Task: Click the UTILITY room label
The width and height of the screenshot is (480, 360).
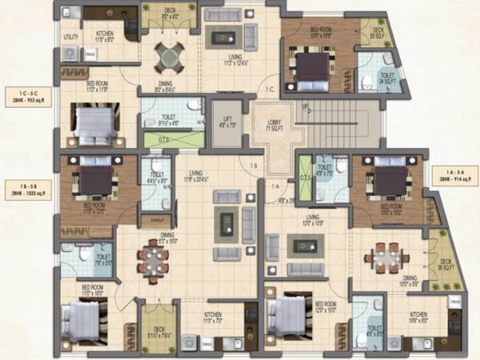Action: [x=70, y=38]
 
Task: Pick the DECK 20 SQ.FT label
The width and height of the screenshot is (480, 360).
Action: [x=378, y=33]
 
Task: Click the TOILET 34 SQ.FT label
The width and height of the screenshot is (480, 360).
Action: [x=369, y=78]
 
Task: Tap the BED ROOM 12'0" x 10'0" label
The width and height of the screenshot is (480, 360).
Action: [x=325, y=306]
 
